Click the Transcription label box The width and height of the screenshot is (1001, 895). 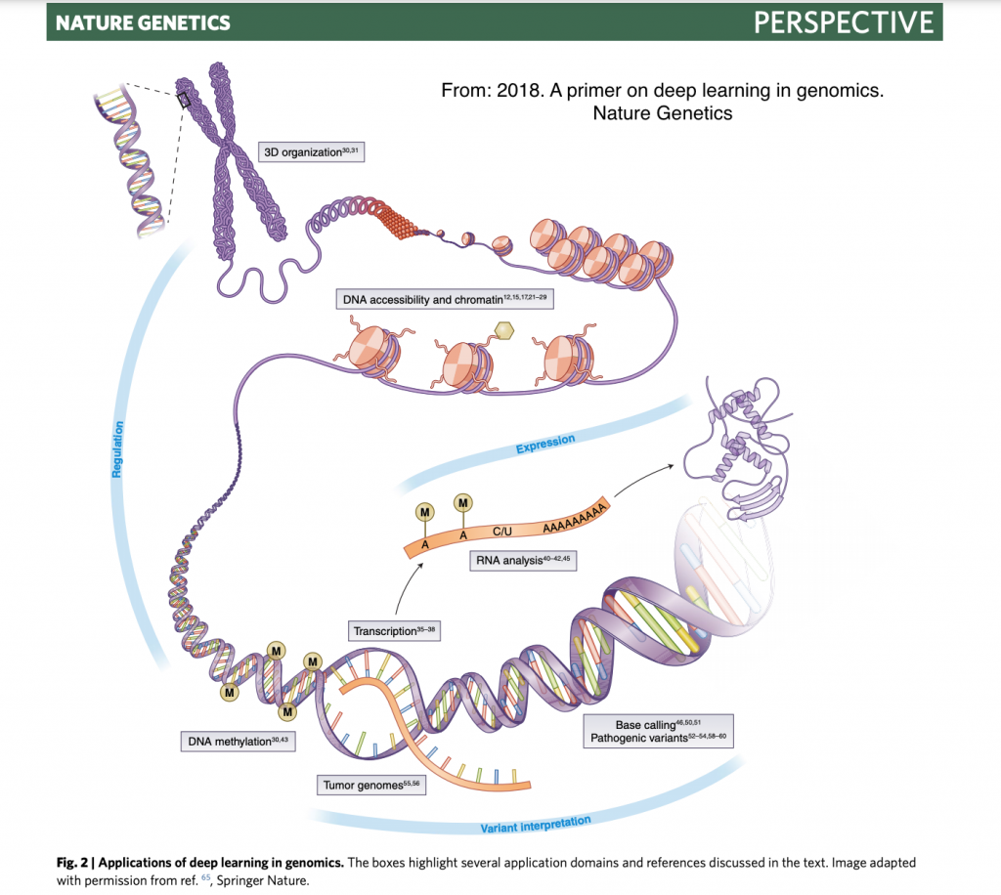[x=393, y=631]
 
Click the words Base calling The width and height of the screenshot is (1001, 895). [x=645, y=725]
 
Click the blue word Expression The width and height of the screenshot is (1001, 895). [x=544, y=445]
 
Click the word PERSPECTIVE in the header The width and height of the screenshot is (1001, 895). [x=843, y=21]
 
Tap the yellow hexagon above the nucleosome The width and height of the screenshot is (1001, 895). [x=504, y=331]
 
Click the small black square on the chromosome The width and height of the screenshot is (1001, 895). [x=183, y=99]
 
